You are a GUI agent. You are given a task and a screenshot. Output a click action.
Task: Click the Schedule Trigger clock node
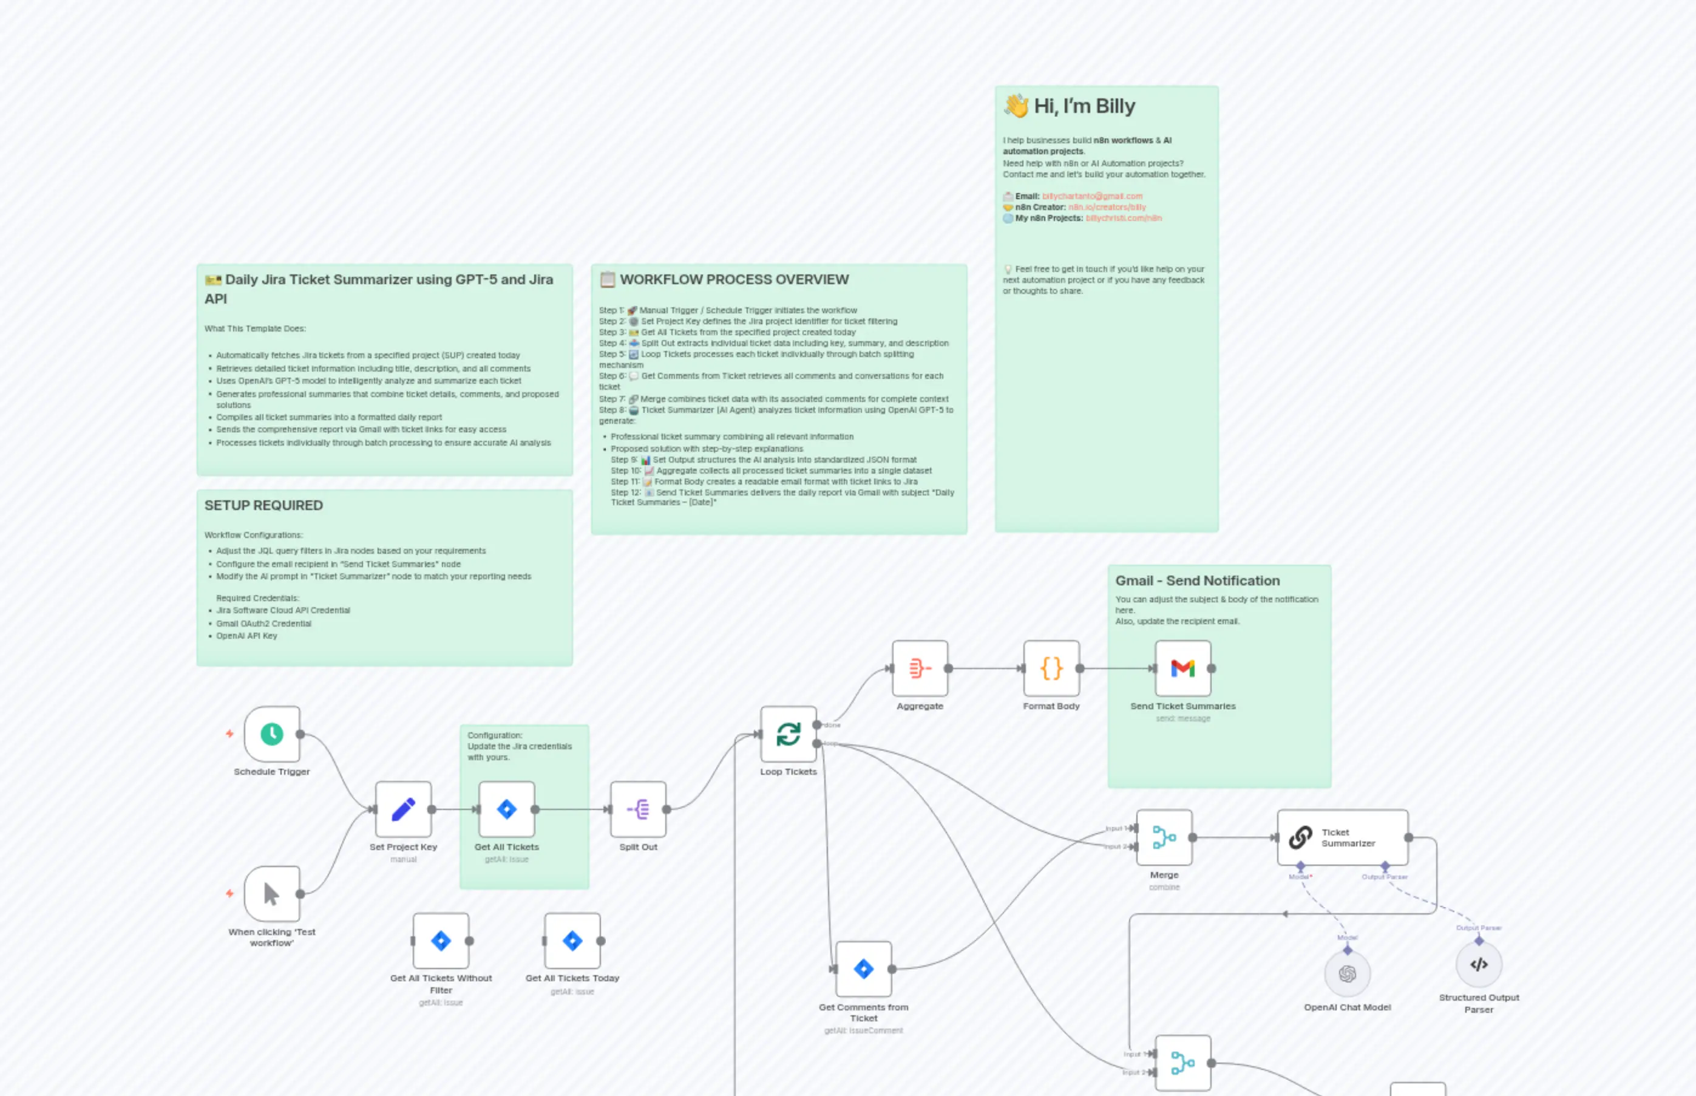[272, 734]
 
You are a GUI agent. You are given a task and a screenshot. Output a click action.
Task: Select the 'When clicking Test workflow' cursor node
[272, 894]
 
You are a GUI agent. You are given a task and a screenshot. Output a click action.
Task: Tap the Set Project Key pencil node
[404, 809]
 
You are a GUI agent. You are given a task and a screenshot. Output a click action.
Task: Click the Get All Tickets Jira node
[506, 809]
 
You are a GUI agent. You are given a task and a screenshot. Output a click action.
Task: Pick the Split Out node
[638, 809]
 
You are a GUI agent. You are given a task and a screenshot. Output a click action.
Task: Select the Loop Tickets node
[789, 734]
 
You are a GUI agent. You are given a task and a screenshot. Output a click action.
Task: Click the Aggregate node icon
[920, 669]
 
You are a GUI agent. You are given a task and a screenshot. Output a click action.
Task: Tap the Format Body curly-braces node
[1051, 669]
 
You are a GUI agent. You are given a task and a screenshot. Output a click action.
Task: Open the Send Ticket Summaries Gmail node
[1182, 669]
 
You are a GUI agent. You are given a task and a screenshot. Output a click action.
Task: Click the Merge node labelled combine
[1164, 838]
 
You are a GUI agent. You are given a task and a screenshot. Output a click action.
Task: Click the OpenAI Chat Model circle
[1347, 973]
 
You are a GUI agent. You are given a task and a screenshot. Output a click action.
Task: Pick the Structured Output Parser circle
[1478, 964]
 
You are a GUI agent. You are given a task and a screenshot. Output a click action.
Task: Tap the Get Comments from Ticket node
[864, 968]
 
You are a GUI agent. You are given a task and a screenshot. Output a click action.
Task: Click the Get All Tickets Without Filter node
[441, 941]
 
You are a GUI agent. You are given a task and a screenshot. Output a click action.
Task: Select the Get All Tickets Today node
[572, 941]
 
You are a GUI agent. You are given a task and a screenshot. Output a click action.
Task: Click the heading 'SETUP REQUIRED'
[264, 505]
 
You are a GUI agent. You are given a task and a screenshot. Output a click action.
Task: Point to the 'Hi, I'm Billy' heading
[1084, 106]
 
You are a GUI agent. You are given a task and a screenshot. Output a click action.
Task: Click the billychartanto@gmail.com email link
[1092, 196]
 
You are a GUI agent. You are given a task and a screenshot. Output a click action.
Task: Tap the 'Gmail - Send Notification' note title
[1197, 580]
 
